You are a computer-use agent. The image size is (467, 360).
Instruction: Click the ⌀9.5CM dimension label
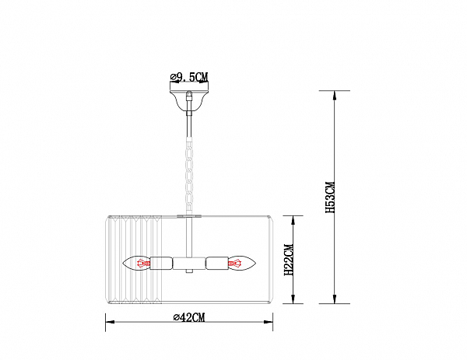189,77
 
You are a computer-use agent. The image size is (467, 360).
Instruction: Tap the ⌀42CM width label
189,317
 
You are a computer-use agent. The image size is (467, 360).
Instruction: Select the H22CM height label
289,260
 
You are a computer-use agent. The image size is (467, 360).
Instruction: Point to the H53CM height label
330,197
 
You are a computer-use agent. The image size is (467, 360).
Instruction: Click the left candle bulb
135,264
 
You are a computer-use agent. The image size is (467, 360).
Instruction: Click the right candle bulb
242,264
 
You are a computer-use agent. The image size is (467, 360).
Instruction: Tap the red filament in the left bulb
143,264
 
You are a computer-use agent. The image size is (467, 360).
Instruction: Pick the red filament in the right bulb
235,264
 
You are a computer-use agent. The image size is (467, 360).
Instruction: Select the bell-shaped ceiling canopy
189,100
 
